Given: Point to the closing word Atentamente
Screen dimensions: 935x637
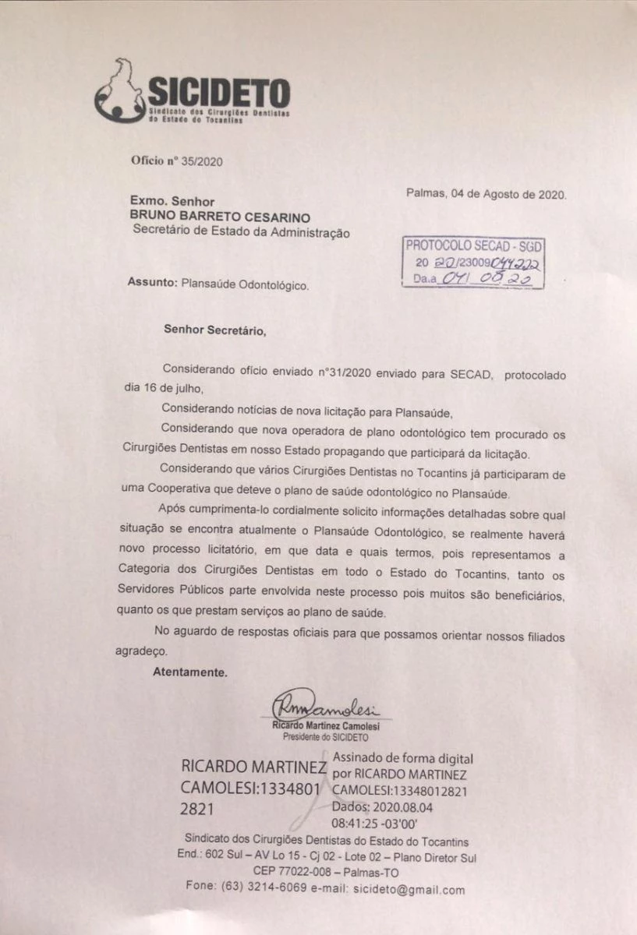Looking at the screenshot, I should coord(190,672).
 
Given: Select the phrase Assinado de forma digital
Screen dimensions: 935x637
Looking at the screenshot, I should coord(402,758).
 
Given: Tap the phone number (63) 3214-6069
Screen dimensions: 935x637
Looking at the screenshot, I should coord(258,890).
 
